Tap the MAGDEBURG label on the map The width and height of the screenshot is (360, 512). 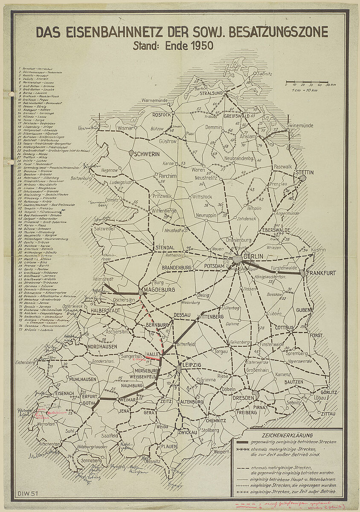click(x=160, y=290)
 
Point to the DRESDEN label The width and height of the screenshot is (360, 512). click(x=244, y=398)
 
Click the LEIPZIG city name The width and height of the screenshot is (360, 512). click(x=191, y=366)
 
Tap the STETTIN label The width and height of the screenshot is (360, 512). click(x=305, y=172)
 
